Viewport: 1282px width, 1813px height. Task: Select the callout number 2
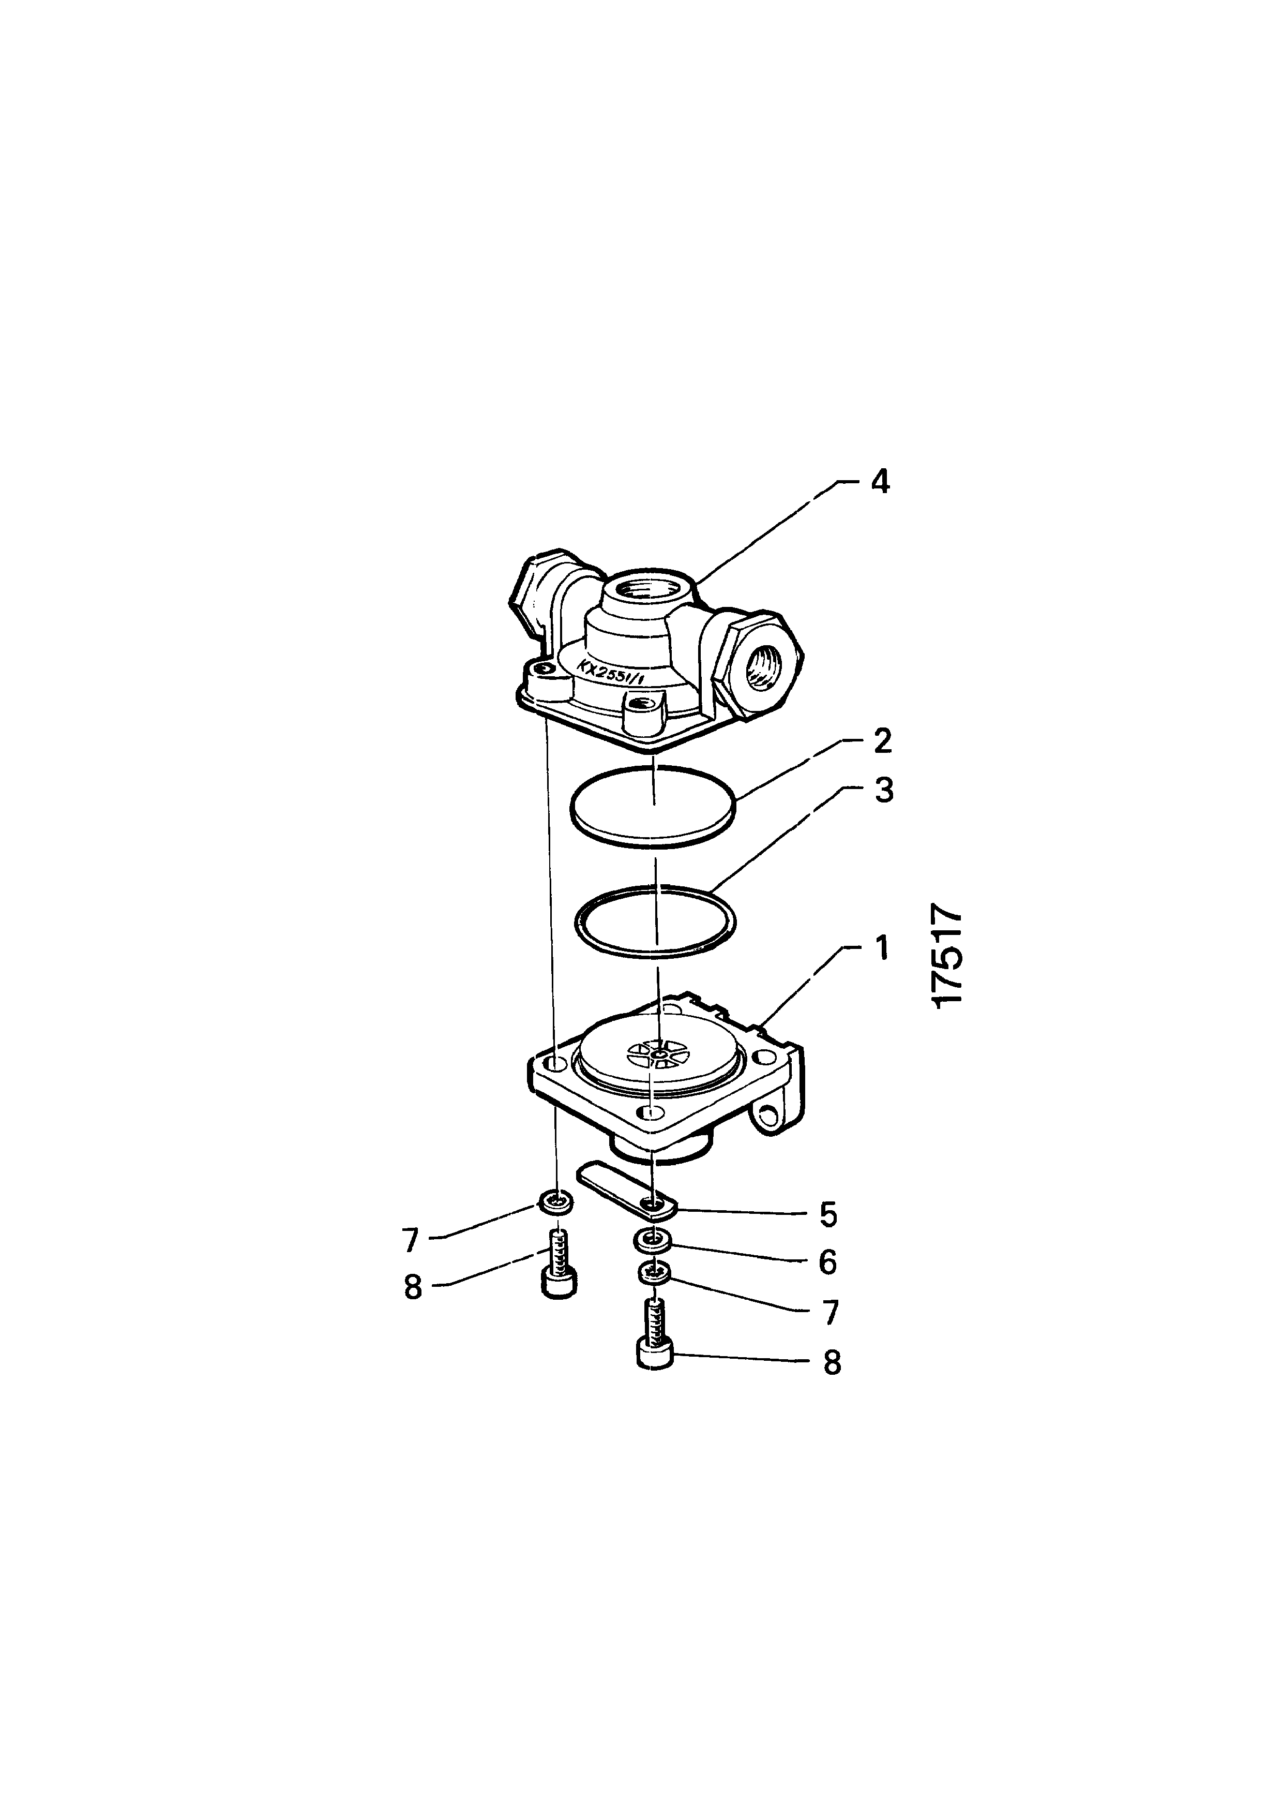[882, 741]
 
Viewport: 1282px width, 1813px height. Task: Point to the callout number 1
[881, 947]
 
